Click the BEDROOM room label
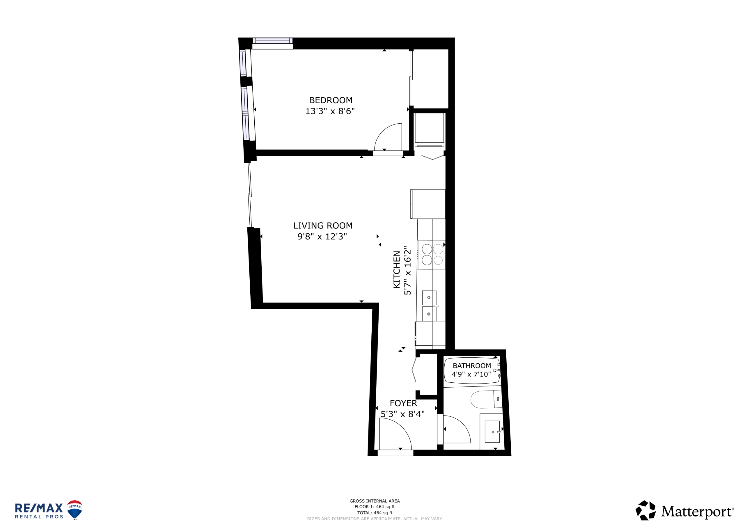[331, 100]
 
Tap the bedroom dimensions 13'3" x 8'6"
[330, 111]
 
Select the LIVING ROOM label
[323, 226]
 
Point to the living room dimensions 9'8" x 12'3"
[322, 237]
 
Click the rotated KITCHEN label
[397, 269]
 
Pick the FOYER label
[403, 403]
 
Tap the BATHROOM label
[472, 366]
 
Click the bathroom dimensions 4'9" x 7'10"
[471, 375]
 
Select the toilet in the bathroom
[486, 399]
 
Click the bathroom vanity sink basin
[492, 432]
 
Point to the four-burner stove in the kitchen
[431, 255]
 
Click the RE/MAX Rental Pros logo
[48, 510]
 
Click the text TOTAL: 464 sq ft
[375, 513]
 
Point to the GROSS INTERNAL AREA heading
[375, 501]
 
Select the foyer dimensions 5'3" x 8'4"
[403, 414]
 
